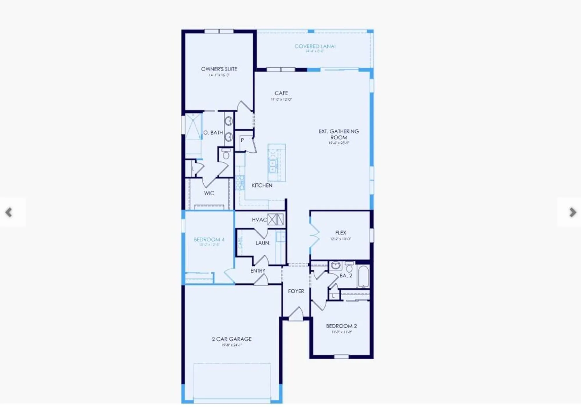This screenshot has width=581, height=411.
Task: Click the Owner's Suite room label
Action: coord(219,69)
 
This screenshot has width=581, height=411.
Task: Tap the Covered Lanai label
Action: coord(315,47)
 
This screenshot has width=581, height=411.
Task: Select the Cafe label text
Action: coord(281,93)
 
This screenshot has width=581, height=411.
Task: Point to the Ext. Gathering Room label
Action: coord(339,134)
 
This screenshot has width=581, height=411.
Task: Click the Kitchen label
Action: coord(262,185)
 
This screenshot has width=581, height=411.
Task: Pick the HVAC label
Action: coord(259,220)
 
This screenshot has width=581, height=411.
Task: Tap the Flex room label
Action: coord(340,233)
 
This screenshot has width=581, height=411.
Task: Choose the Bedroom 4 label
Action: coord(209,240)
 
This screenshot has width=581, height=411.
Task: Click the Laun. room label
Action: coord(263,243)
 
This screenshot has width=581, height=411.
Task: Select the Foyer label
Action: coord(296,291)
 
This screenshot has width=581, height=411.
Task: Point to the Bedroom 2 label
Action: coord(341,326)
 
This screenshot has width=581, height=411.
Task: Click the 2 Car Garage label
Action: coord(232,339)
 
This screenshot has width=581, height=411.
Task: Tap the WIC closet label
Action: coord(209,193)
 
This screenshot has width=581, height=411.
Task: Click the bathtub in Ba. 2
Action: coord(363,276)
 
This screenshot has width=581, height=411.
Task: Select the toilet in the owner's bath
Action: coord(226,154)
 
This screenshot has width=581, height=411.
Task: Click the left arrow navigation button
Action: coord(9,212)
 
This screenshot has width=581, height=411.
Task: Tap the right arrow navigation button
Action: coord(573,212)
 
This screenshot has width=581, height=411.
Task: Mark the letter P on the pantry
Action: coord(242,140)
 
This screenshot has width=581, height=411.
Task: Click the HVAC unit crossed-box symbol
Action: coord(275,219)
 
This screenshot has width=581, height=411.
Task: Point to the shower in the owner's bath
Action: coord(193,126)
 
